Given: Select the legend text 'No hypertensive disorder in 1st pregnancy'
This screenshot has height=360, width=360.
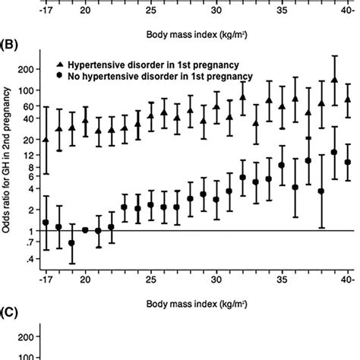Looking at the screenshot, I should pos(149,77).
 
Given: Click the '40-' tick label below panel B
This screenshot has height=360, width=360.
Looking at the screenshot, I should pos(349,276).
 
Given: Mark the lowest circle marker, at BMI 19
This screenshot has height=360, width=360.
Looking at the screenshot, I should pos(71,243).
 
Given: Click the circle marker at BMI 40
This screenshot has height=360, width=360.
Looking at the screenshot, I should pos(348,162).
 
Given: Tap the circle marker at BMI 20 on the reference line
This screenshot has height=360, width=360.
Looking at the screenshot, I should pos(85,230).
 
